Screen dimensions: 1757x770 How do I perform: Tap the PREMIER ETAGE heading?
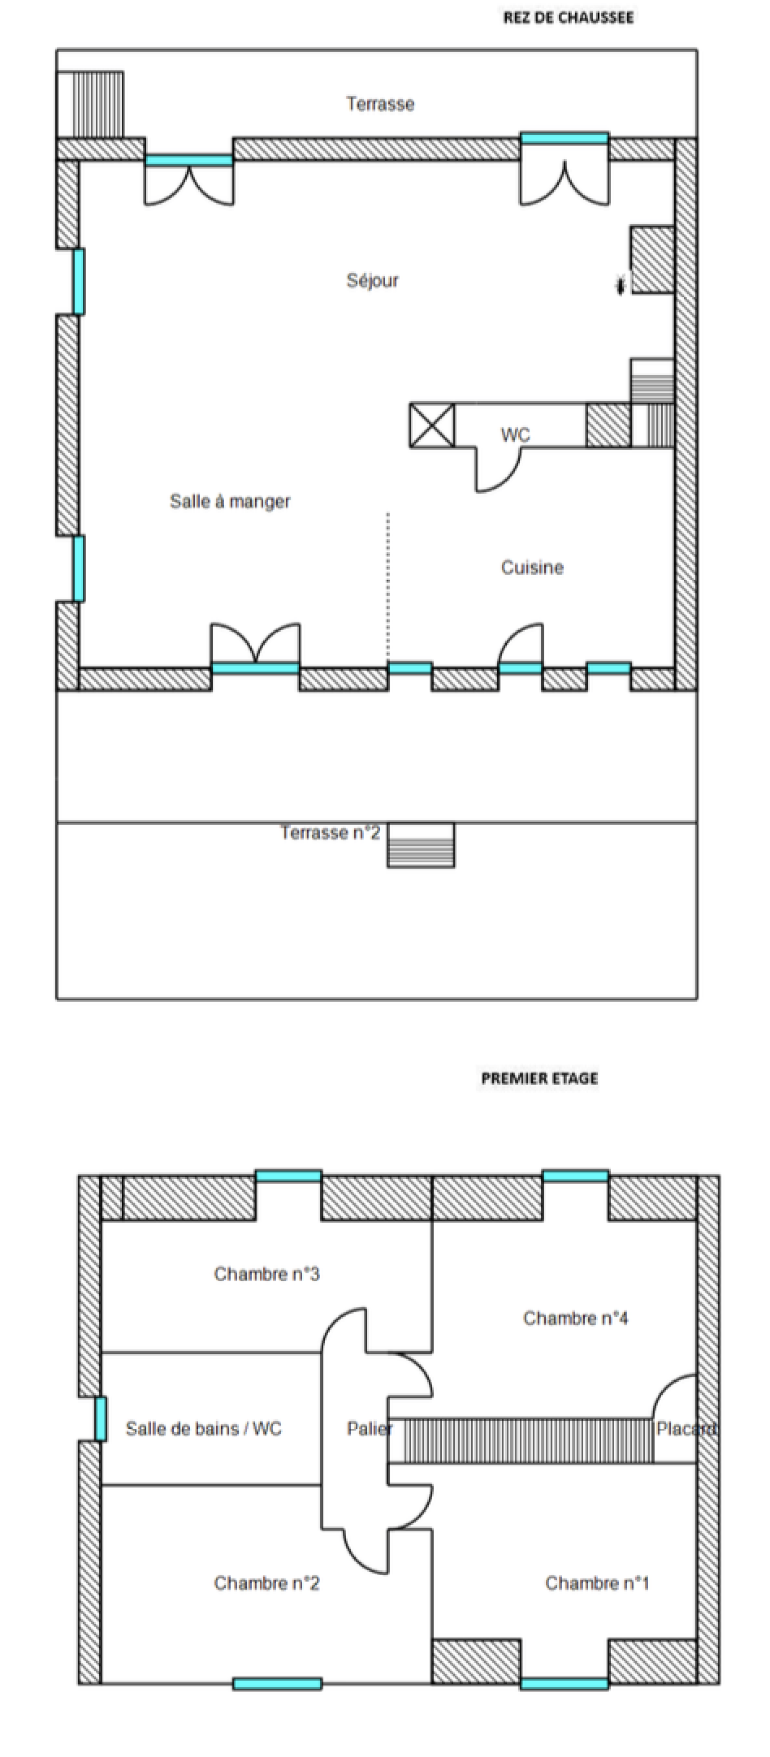(539, 1078)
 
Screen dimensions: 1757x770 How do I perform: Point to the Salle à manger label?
(230, 501)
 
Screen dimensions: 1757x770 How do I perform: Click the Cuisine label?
(532, 568)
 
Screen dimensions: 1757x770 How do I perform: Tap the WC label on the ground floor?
(515, 435)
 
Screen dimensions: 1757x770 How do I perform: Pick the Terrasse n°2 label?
(330, 833)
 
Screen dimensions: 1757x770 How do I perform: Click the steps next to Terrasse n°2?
(420, 845)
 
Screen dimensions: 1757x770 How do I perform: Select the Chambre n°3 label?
(266, 1274)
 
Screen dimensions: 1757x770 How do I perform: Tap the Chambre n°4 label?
(575, 1318)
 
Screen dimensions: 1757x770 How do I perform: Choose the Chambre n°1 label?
(597, 1583)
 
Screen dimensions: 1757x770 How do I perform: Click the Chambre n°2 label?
(266, 1583)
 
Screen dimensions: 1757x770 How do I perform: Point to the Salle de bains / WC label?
(203, 1429)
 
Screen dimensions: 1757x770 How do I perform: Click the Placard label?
(685, 1429)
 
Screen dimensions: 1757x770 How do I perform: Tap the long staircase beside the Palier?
(528, 1440)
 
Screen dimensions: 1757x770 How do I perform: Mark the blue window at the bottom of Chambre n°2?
(277, 1684)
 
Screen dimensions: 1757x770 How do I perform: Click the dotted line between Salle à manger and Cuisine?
(388, 586)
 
